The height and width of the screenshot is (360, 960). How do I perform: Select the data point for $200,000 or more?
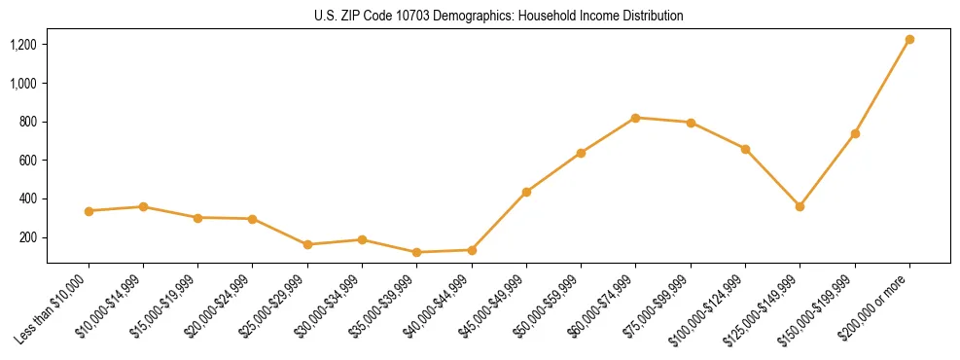coord(909,40)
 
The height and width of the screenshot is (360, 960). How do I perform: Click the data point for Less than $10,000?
coord(89,211)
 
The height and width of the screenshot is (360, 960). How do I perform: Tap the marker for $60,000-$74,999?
coord(635,118)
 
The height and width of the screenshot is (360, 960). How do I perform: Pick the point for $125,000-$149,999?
coord(800,206)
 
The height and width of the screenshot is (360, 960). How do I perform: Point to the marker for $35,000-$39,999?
coord(416,252)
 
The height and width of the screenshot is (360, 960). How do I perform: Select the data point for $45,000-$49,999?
coord(526,192)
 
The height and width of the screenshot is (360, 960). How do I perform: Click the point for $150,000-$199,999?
coord(855,133)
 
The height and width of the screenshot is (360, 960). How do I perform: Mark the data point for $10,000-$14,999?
coord(143,206)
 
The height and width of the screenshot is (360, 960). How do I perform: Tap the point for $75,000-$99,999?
coord(691,123)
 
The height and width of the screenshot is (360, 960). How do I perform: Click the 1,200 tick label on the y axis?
coord(23,45)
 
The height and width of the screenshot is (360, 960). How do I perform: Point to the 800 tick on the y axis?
coord(28,122)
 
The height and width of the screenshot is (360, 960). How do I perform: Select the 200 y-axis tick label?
coord(28,237)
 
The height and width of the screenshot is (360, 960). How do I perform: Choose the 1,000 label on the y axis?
coord(23,84)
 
